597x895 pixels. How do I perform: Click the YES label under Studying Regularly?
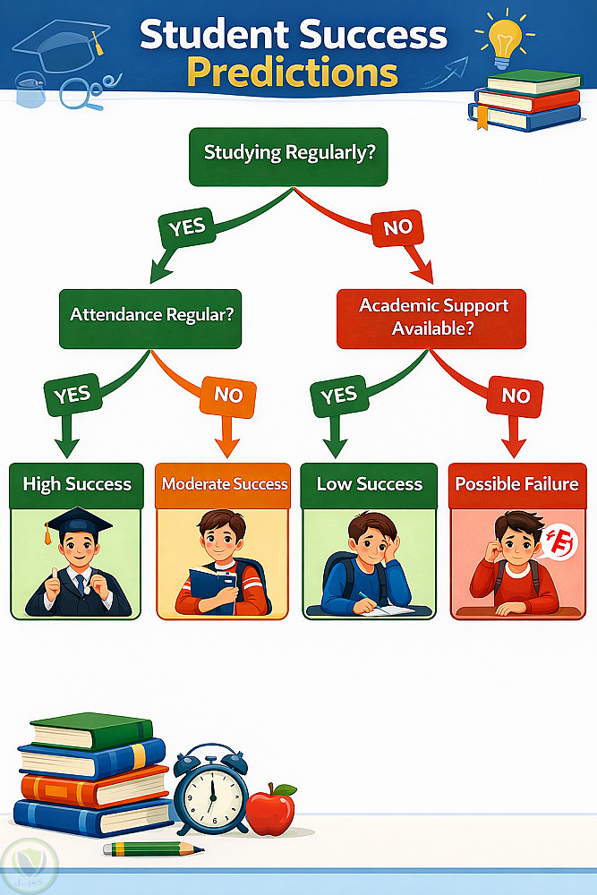pos(187,227)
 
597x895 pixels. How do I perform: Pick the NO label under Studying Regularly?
pos(397,227)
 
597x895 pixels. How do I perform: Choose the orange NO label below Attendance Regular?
pos(228,395)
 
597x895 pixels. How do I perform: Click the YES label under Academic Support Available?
pos(338,395)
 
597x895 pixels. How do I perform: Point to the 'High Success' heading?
pos(77,484)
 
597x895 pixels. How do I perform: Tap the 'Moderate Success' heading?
pos(224,484)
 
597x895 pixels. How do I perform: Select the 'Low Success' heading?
pos(369,484)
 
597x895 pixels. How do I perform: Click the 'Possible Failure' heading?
pos(516,484)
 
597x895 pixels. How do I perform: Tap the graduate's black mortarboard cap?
pos(79,522)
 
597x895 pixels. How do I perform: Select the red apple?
pos(270,809)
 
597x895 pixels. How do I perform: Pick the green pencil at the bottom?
pos(152,848)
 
